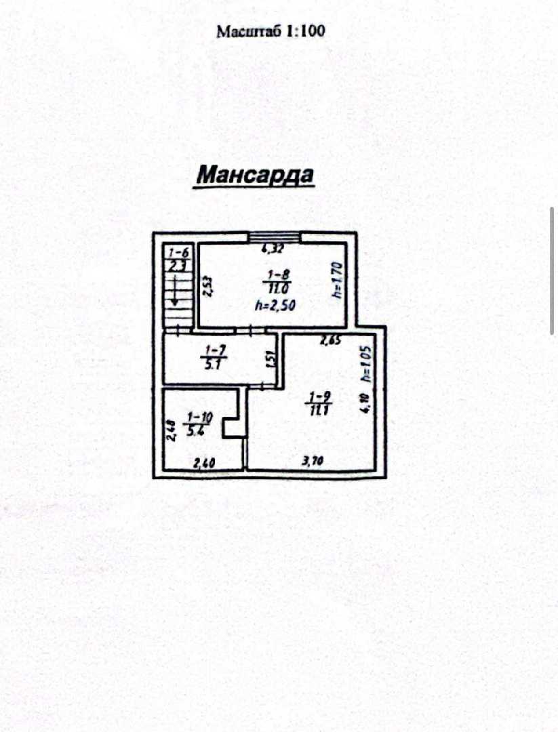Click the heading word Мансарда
tap(255, 176)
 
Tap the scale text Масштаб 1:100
tap(271, 31)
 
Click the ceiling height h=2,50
tap(276, 306)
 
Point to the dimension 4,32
tap(273, 249)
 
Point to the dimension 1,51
tap(269, 361)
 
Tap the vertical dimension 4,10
tap(365, 404)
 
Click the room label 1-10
tap(198, 418)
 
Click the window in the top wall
tap(274, 237)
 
